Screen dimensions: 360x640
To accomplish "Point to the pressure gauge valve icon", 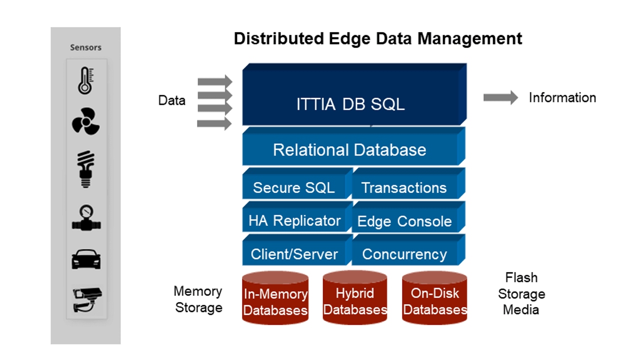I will (x=86, y=218).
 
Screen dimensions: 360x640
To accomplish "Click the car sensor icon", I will (x=86, y=258).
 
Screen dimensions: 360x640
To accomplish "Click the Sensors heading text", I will (x=85, y=47).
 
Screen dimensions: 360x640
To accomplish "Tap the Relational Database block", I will (x=349, y=149).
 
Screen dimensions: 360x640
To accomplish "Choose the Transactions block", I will (x=404, y=187).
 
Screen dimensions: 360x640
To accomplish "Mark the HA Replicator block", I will (x=294, y=220).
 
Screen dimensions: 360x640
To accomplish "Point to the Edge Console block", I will (x=404, y=221).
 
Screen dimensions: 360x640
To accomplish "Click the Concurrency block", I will (x=404, y=254).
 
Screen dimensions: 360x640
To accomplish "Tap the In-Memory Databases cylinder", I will (x=275, y=298).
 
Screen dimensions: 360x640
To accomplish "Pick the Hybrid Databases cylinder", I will (x=355, y=298).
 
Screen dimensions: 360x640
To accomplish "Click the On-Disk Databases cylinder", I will (x=435, y=298).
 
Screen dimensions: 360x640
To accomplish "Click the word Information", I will (x=562, y=97).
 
